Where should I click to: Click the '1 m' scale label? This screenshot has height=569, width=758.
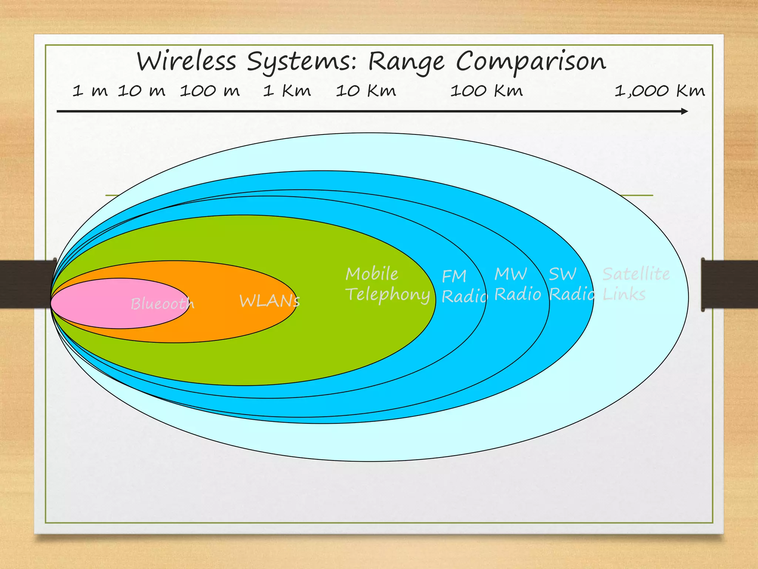pyautogui.click(x=90, y=91)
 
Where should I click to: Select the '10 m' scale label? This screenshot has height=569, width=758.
pyautogui.click(x=141, y=91)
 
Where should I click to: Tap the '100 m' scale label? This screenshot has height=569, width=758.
pyautogui.click(x=210, y=91)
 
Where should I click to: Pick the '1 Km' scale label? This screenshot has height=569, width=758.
pyautogui.click(x=287, y=91)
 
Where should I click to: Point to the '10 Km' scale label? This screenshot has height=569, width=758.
pyautogui.click(x=366, y=91)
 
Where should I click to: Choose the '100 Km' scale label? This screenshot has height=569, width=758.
pyautogui.click(x=486, y=91)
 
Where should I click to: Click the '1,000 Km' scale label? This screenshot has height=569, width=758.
pyautogui.click(x=660, y=91)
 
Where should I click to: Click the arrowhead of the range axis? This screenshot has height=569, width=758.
pyautogui.click(x=684, y=111)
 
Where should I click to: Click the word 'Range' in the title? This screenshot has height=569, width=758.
pyautogui.click(x=406, y=62)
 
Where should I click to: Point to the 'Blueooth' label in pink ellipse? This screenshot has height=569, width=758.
pyautogui.click(x=162, y=304)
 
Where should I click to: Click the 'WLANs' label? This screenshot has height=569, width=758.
pyautogui.click(x=269, y=301)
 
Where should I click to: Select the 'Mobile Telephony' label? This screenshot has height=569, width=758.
pyautogui.click(x=387, y=284)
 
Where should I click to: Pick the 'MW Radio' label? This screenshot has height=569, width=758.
pyautogui.click(x=517, y=284)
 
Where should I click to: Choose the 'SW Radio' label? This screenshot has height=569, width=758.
pyautogui.click(x=571, y=284)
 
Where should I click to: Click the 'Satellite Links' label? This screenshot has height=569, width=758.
pyautogui.click(x=635, y=284)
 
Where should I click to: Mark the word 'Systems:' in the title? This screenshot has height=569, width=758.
pyautogui.click(x=302, y=62)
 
